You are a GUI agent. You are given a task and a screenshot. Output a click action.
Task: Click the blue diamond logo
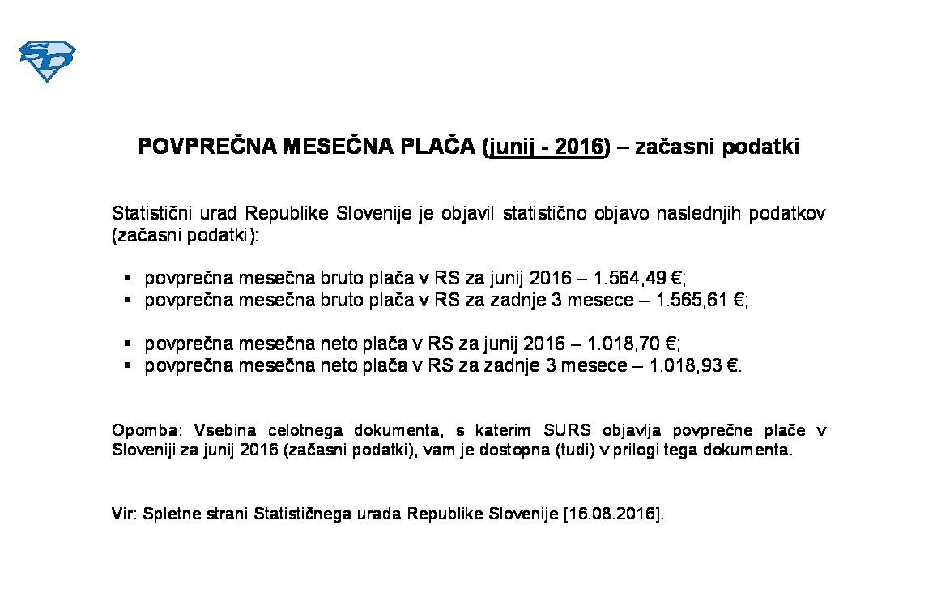[46, 60]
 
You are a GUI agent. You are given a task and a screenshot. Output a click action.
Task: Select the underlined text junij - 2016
[545, 147]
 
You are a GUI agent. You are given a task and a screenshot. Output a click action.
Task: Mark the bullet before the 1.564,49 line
[128, 278]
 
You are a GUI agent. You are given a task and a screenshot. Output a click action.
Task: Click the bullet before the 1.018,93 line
[128, 365]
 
